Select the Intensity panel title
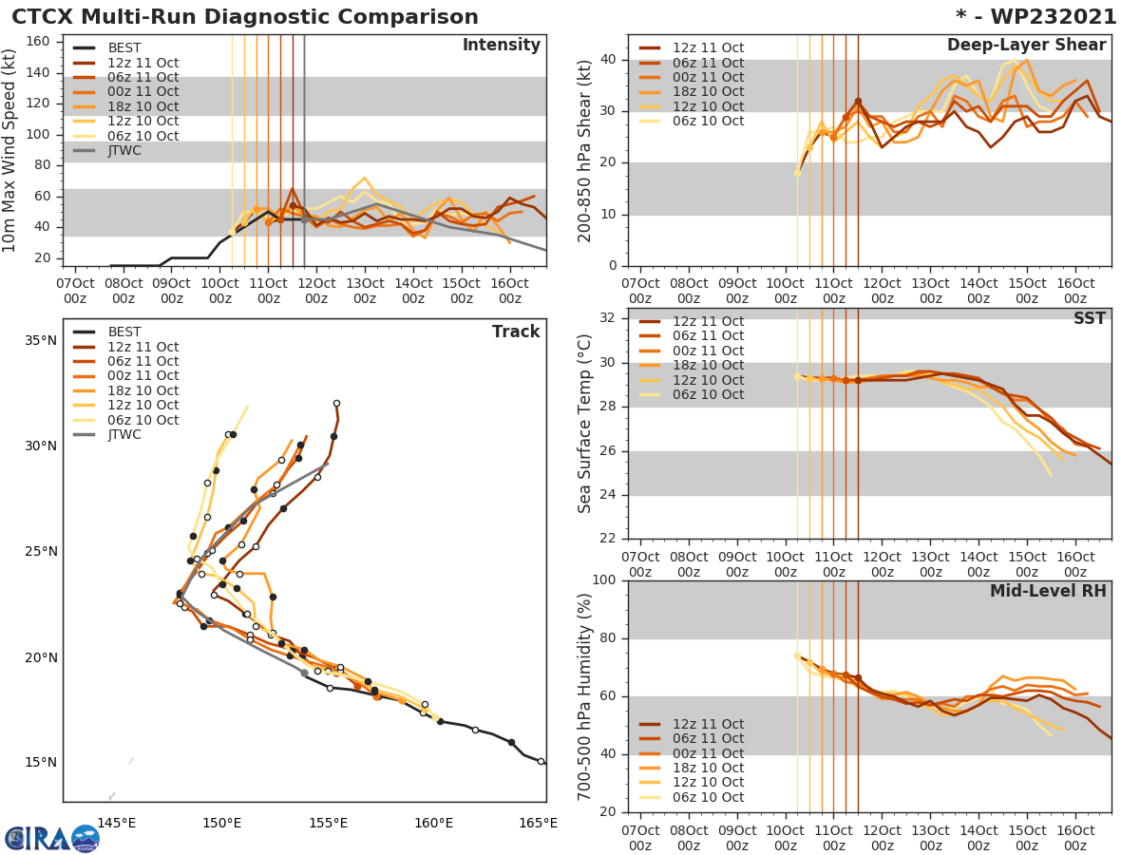pyautogui.click(x=501, y=46)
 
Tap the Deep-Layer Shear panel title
pyautogui.click(x=1026, y=46)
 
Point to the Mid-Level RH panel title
pyautogui.click(x=1048, y=591)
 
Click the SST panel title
pyautogui.click(x=1090, y=318)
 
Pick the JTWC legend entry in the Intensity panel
pyautogui.click(x=123, y=151)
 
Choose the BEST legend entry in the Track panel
pyautogui.click(x=124, y=332)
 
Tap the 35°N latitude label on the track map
pyautogui.click(x=40, y=341)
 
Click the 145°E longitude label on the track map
pyautogui.click(x=117, y=823)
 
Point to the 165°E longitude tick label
pyautogui.click(x=539, y=823)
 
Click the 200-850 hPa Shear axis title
pyautogui.click(x=584, y=151)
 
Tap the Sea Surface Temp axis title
pyautogui.click(x=584, y=423)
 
